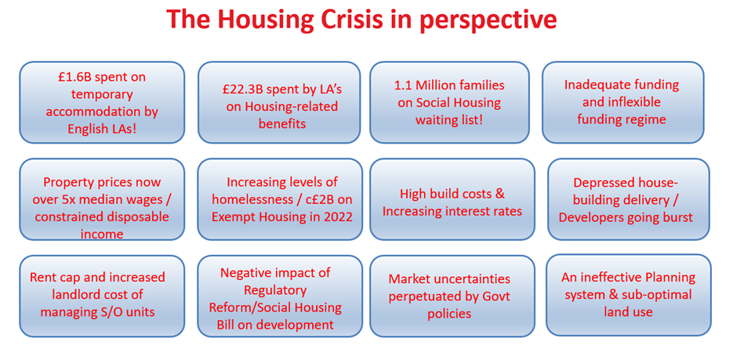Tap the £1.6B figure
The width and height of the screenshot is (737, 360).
tap(75, 77)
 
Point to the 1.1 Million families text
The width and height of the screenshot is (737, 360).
tap(449, 85)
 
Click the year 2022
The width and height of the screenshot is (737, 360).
tap(336, 216)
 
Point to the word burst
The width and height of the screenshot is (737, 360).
tap(675, 217)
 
